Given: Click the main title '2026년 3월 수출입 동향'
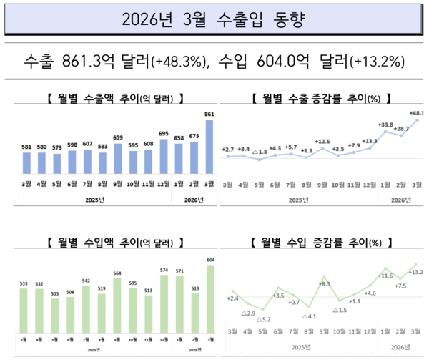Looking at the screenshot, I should point(214,17).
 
